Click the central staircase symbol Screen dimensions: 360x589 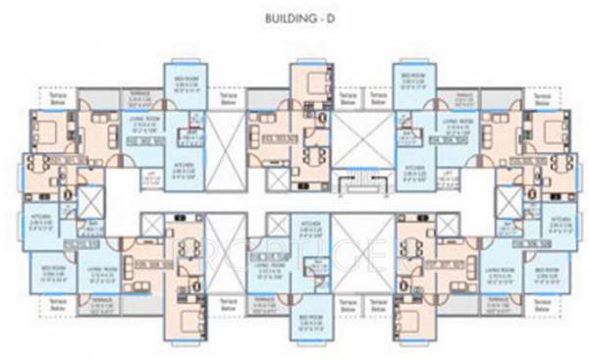pyautogui.click(x=346, y=184)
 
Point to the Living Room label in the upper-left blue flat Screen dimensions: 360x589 pyautogui.click(x=144, y=123)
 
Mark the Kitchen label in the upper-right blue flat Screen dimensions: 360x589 pyautogui.click(x=412, y=168)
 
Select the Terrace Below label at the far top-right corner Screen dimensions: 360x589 pyautogui.click(x=541, y=99)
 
